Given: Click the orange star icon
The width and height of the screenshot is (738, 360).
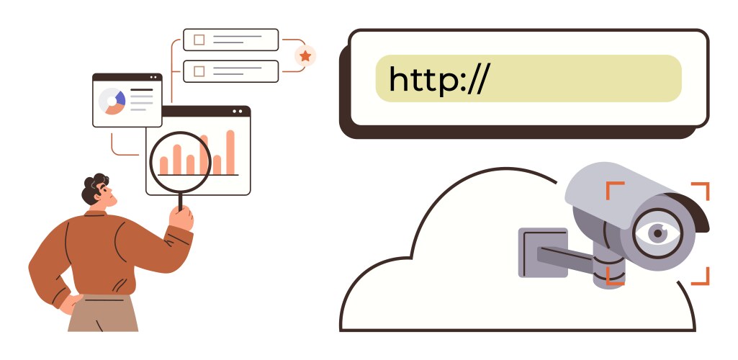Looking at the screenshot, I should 305,55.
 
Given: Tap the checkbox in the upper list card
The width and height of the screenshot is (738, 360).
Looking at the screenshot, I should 199,40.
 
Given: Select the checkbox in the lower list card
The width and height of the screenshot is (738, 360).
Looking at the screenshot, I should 199,71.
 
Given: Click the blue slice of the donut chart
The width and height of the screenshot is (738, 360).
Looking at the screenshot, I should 120,98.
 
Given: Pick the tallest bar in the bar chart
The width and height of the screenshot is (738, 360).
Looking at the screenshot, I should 230,152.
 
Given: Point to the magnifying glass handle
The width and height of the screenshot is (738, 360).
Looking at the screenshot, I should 179,202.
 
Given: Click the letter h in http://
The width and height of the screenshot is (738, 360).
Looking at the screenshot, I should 398,79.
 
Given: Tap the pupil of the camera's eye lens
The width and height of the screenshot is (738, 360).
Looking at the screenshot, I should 657,233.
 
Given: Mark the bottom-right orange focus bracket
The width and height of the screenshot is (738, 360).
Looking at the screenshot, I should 702,277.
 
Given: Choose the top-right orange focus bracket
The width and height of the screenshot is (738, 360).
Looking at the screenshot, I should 702,189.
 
